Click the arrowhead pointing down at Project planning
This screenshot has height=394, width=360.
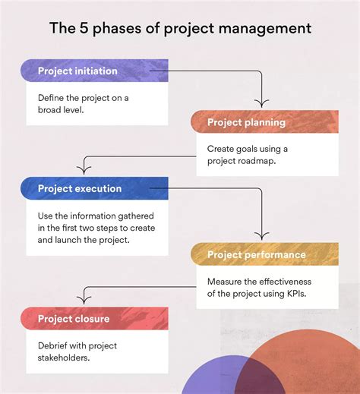261,104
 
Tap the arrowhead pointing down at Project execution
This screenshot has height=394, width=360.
83,170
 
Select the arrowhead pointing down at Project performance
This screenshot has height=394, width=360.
261,236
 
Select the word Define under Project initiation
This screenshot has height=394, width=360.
53,98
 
